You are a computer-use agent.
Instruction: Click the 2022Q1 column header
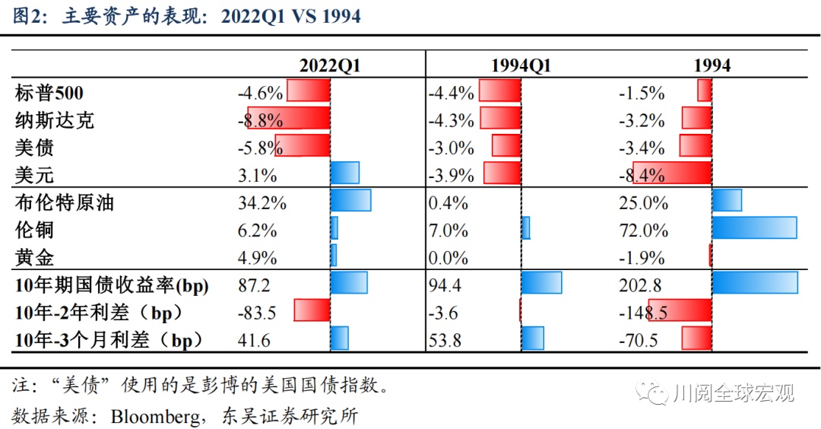(329, 65)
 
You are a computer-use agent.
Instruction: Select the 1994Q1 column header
(521, 65)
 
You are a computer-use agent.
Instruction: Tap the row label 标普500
(49, 93)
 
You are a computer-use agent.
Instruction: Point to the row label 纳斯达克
(55, 120)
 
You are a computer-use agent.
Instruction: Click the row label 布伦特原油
(65, 203)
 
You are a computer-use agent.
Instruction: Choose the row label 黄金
(34, 258)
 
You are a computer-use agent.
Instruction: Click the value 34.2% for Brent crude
(262, 203)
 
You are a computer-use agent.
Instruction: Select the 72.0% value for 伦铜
(644, 230)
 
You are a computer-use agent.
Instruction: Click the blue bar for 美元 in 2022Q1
(345, 173)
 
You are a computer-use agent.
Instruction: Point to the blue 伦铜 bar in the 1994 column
(754, 228)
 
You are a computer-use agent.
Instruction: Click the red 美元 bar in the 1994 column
(672, 173)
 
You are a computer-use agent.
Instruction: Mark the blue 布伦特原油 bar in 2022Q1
(351, 201)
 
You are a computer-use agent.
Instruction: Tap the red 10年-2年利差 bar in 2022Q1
(312, 310)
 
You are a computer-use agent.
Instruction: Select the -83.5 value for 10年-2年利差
(256, 313)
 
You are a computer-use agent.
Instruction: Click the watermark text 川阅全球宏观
(734, 393)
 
